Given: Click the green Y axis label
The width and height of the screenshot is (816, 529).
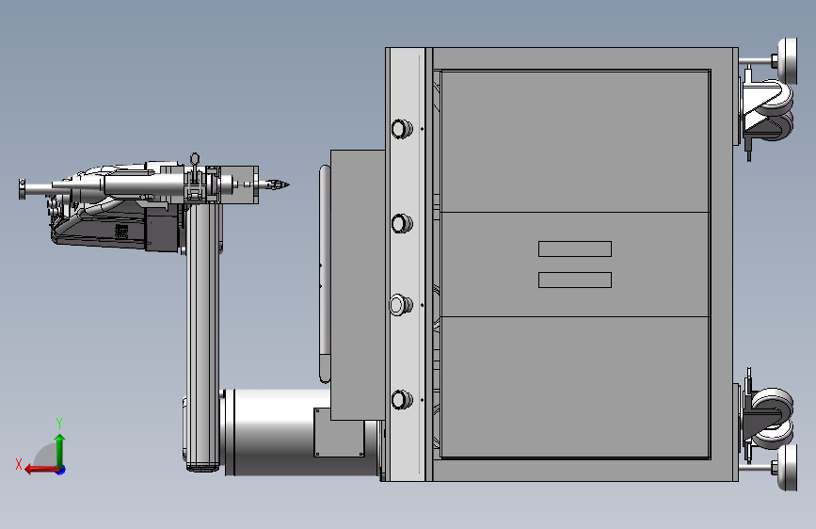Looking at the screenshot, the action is [59, 424].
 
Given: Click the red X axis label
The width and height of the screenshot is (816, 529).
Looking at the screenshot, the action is [19, 464].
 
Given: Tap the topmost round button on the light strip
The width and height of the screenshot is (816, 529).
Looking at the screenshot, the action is [401, 129].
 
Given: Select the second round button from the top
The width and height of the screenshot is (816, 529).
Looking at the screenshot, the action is [401, 223].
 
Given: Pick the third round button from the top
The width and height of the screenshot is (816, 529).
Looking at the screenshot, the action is [401, 305].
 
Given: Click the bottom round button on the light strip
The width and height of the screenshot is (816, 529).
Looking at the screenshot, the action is [401, 399].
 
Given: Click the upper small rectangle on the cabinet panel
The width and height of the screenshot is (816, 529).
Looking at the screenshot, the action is [575, 248].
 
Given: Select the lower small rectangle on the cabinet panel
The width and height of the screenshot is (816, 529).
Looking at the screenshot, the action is [575, 281].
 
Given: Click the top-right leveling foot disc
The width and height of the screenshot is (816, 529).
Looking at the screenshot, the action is [788, 61].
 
